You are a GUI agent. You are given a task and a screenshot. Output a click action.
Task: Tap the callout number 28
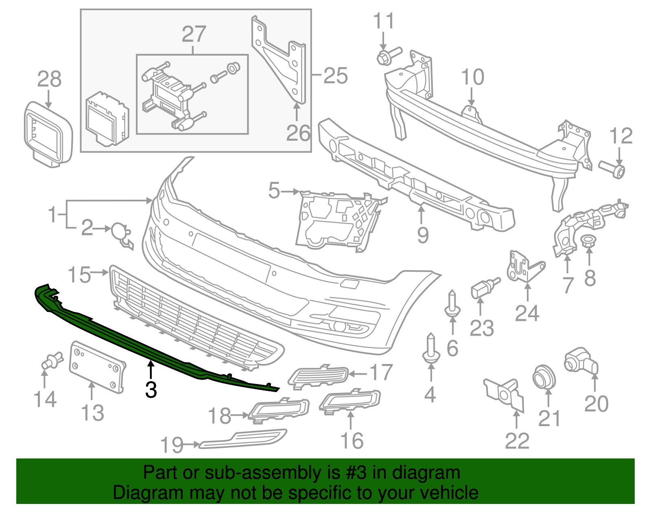(x=49, y=79)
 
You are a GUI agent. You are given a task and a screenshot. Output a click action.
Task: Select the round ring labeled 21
(x=544, y=376)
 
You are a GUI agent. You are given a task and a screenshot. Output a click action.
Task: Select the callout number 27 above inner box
(x=194, y=34)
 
